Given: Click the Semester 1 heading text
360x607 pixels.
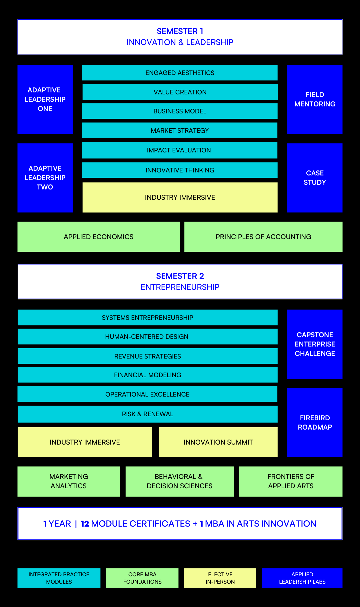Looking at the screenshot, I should coord(180,31).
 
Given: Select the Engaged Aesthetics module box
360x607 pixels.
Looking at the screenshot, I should coord(180,73).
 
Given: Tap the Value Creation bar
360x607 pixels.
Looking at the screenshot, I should coord(180,92).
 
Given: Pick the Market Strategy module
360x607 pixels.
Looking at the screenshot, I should coord(180,130).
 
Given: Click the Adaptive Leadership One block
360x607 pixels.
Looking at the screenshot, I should coord(45,99).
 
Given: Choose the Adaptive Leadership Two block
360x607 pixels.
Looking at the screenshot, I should coord(45,178).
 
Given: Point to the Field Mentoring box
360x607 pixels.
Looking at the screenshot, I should coord(315,99).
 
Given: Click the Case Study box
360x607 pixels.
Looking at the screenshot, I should coord(315,178).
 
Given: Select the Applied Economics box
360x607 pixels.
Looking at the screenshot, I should coord(98,237).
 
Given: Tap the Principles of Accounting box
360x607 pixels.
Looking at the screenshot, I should coord(263,237).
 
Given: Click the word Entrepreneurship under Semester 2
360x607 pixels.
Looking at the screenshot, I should coord(180,287).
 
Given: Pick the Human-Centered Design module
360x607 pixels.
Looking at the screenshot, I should coord(147,337).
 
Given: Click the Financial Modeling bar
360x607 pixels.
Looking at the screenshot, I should coord(147,375).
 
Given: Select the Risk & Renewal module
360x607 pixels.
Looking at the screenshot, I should coord(147,414).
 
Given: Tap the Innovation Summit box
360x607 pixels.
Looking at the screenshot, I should coord(218,442).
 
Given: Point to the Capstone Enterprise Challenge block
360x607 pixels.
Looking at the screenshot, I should coord(315,344).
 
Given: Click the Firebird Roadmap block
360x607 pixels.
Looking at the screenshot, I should coord(315,423).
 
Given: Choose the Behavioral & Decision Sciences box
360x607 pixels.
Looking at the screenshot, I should coord(180,481).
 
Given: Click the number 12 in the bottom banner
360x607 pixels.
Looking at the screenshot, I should coord(85,524).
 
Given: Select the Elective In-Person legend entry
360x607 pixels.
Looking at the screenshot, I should coord(220,578).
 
